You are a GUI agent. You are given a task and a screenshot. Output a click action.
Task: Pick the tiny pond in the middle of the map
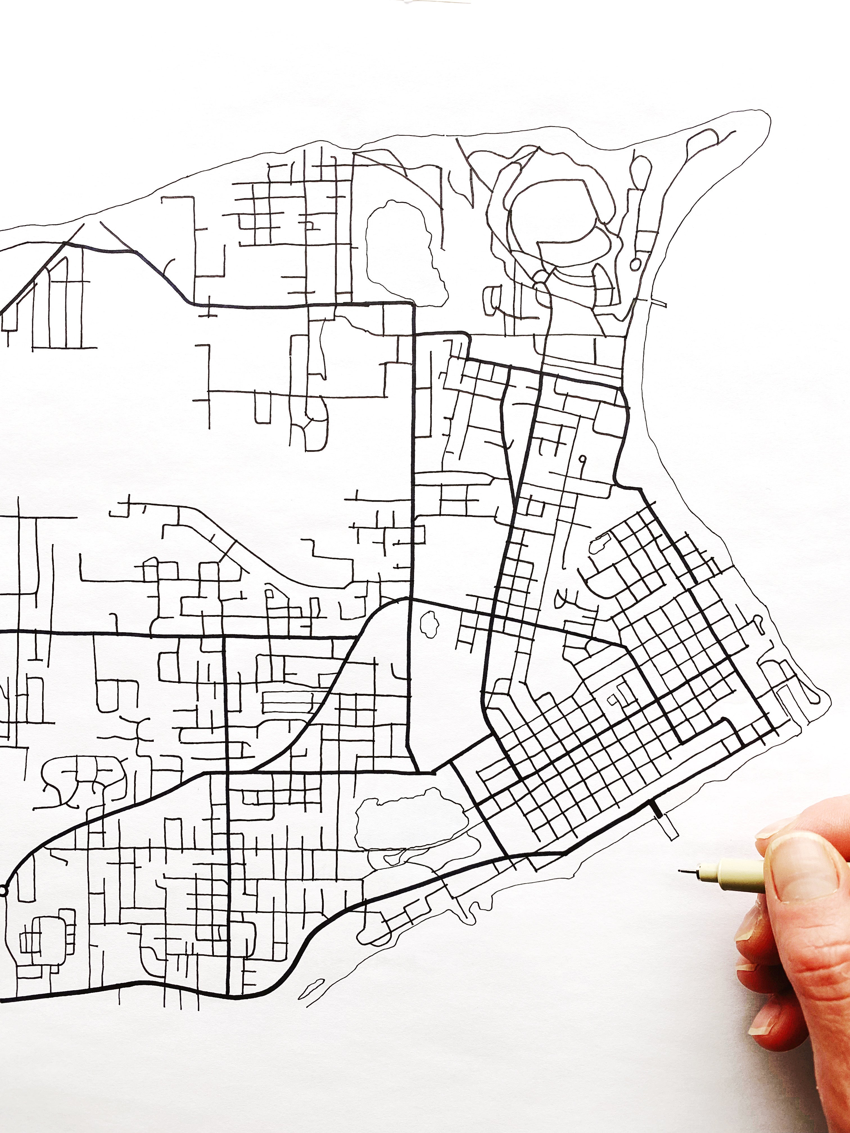pos(426,622)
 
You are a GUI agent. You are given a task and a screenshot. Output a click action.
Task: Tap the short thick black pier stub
pos(655,809)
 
